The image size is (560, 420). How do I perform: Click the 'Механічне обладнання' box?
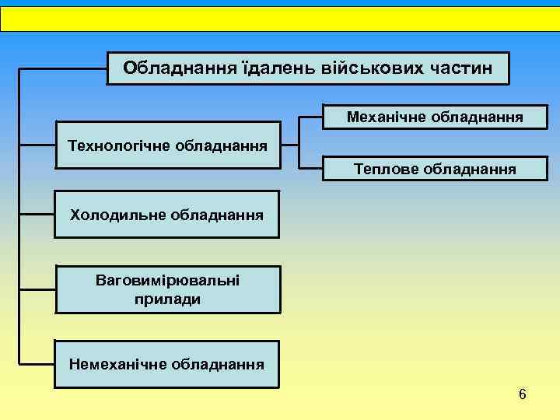(x=435, y=117)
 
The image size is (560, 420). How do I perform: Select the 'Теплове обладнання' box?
(x=435, y=168)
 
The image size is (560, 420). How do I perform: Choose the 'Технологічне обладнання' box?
(x=167, y=145)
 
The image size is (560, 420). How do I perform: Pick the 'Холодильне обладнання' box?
(x=167, y=213)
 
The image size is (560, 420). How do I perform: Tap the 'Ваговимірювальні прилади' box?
(x=167, y=289)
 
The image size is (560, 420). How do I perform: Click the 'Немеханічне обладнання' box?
(x=167, y=363)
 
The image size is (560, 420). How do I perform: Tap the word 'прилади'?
(x=167, y=298)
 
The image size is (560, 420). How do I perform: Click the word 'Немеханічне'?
(x=117, y=363)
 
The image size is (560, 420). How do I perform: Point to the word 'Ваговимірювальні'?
(x=167, y=278)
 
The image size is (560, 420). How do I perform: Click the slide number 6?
(x=522, y=394)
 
